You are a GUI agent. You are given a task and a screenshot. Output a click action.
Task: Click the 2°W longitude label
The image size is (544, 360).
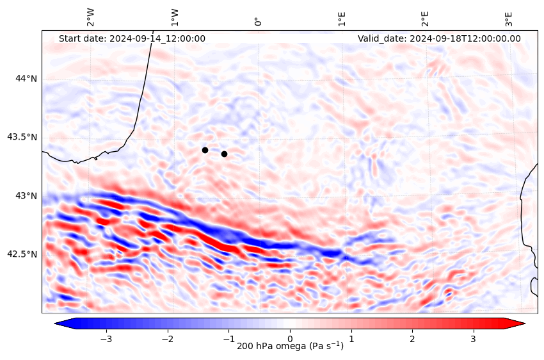(91, 17)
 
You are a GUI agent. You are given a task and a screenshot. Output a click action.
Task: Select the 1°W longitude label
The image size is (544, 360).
(175, 17)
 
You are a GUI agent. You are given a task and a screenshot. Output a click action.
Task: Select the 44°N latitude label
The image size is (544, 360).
(26, 78)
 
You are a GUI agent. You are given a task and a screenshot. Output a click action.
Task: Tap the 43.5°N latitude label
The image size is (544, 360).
(22, 137)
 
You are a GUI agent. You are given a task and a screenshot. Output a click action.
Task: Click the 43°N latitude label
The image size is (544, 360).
(26, 195)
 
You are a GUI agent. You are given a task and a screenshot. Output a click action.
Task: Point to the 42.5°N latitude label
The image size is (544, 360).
(22, 254)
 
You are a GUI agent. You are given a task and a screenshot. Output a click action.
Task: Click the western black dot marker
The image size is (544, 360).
(205, 150)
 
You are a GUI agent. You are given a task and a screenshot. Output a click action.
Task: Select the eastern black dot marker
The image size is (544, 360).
(224, 154)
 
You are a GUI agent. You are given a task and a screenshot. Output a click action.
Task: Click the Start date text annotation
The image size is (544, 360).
(132, 38)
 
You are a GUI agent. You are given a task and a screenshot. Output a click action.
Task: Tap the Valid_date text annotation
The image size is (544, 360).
(439, 38)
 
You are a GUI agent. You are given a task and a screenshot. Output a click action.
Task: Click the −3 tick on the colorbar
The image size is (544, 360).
(106, 338)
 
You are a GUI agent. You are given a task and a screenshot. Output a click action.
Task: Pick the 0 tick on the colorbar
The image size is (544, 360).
(290, 338)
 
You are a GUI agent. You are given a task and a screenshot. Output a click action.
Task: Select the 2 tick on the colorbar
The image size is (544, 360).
(412, 338)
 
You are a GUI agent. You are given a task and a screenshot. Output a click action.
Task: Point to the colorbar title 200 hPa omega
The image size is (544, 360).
(290, 347)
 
